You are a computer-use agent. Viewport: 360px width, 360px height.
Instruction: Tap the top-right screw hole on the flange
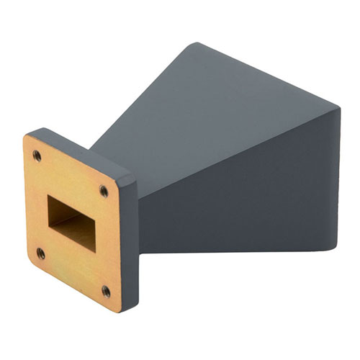click(x=104, y=191)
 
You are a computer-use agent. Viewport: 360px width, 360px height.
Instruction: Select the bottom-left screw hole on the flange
click(x=40, y=253)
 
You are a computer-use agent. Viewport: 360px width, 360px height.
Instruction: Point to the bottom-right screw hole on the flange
click(x=106, y=291)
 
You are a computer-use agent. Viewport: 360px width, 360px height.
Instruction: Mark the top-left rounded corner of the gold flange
click(x=27, y=139)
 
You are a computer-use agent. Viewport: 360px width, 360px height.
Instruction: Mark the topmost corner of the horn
click(x=194, y=44)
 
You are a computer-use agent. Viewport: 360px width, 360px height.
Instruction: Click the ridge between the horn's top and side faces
click(x=238, y=145)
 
